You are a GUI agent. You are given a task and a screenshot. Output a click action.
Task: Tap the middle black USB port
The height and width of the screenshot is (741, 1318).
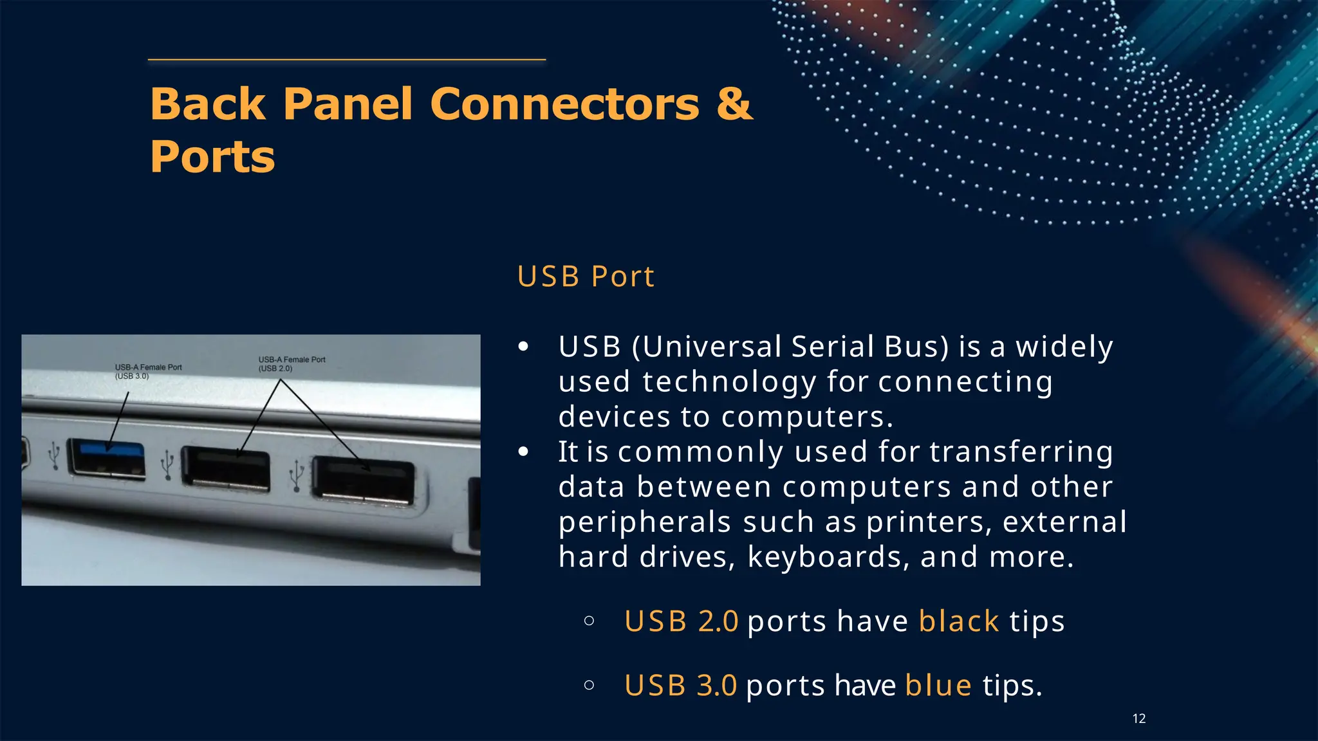click(225, 468)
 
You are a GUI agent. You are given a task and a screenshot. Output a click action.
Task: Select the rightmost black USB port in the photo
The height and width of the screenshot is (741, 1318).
click(362, 479)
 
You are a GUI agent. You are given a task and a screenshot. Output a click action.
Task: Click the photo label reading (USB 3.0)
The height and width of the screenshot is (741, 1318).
click(132, 376)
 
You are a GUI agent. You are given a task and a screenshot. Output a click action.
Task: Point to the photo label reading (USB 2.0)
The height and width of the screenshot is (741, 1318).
click(275, 369)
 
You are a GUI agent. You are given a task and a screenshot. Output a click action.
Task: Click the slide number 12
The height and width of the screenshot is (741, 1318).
click(1138, 718)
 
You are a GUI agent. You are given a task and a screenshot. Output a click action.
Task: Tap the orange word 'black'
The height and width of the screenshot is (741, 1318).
click(958, 621)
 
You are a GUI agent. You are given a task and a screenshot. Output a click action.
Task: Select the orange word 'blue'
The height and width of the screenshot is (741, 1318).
click(938, 685)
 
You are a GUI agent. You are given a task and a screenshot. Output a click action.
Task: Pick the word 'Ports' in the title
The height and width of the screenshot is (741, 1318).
click(212, 157)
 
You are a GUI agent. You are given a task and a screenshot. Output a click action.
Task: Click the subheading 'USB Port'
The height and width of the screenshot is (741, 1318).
click(585, 277)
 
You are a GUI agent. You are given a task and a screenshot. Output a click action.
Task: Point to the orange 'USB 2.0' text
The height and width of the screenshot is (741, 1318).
click(681, 621)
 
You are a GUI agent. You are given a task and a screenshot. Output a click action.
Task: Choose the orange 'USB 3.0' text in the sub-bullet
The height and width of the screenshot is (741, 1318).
click(681, 685)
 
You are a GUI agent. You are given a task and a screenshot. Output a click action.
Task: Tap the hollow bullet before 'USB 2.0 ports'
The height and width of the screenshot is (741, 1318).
click(589, 621)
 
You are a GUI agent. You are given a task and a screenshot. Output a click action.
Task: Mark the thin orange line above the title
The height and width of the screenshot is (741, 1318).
click(347, 60)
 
